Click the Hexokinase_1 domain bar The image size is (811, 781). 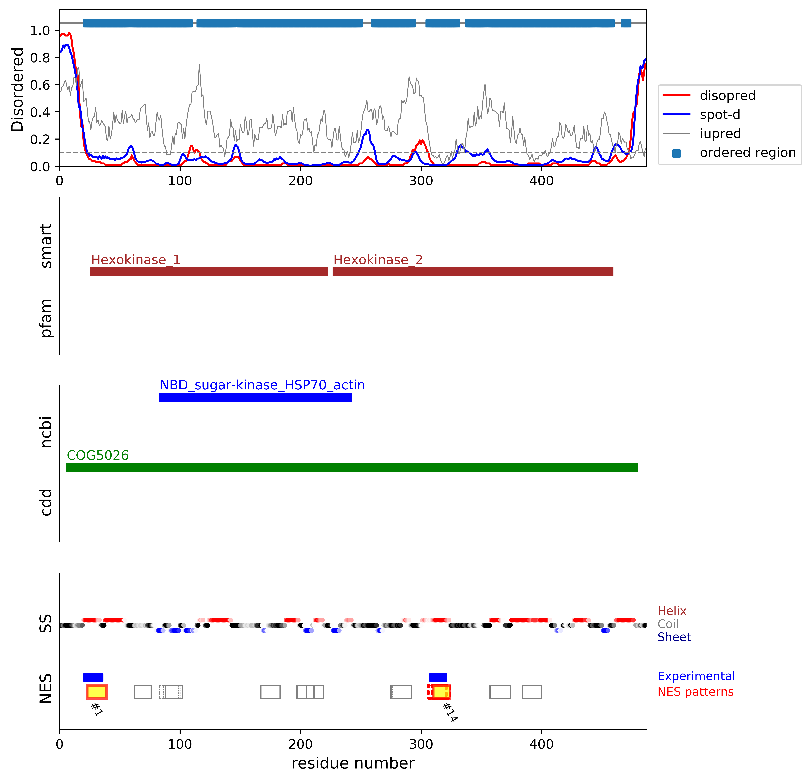point(209,272)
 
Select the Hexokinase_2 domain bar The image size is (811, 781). point(472,272)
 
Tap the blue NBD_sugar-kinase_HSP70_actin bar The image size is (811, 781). point(255,397)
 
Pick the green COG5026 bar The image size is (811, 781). point(352,467)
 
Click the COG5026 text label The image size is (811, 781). point(98,455)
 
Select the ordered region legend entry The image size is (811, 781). point(747,153)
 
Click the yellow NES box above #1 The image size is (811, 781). point(97,692)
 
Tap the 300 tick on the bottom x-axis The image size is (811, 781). point(421,744)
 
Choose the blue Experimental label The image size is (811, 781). point(696,676)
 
